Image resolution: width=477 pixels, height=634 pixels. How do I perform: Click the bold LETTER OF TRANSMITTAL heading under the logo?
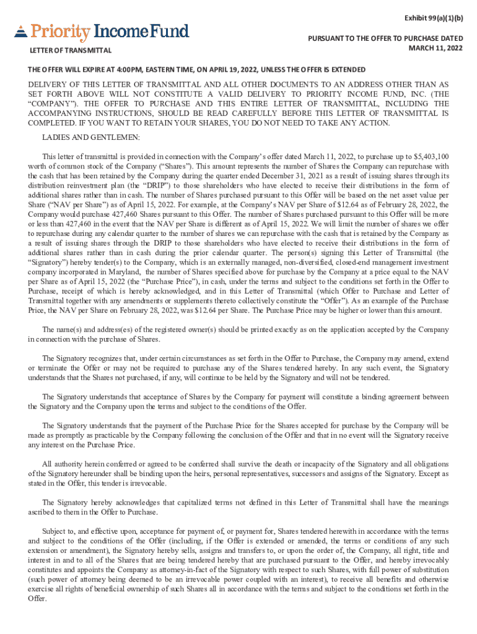(x=71, y=50)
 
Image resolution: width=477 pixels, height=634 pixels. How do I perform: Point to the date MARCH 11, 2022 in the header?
(x=435, y=48)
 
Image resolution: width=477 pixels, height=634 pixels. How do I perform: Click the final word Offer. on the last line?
(x=37, y=598)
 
